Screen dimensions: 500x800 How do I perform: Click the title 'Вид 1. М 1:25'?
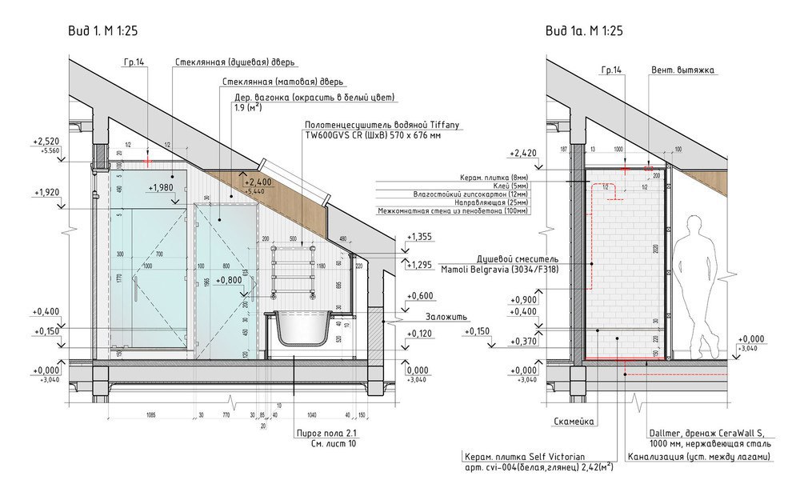pos(105,31)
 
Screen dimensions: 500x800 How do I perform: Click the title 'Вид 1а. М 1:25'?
pos(584,31)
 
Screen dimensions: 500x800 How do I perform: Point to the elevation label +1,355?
pos(419,237)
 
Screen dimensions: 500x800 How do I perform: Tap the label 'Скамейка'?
pos(572,420)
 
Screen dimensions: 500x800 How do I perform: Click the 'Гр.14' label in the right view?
pos(610,70)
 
